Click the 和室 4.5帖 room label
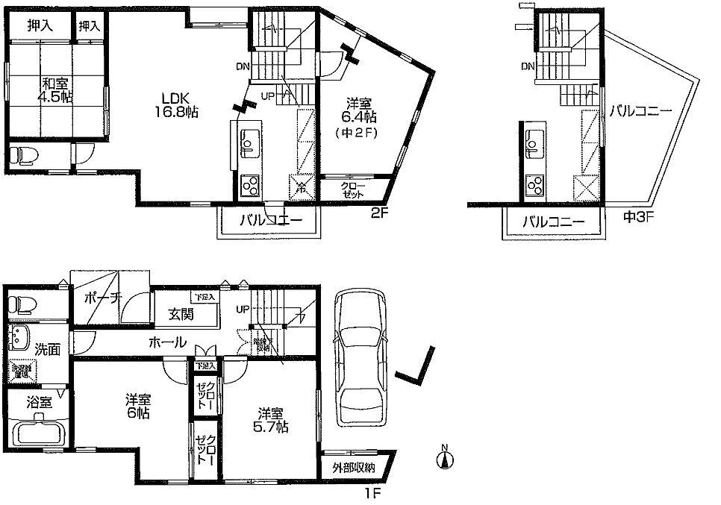tap(57, 90)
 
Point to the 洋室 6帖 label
tap(140, 405)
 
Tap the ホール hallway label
tap(168, 342)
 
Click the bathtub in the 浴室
tap(37, 432)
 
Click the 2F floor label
tap(381, 212)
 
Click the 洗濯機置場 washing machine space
tap(22, 371)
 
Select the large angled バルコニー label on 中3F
tap(639, 110)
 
